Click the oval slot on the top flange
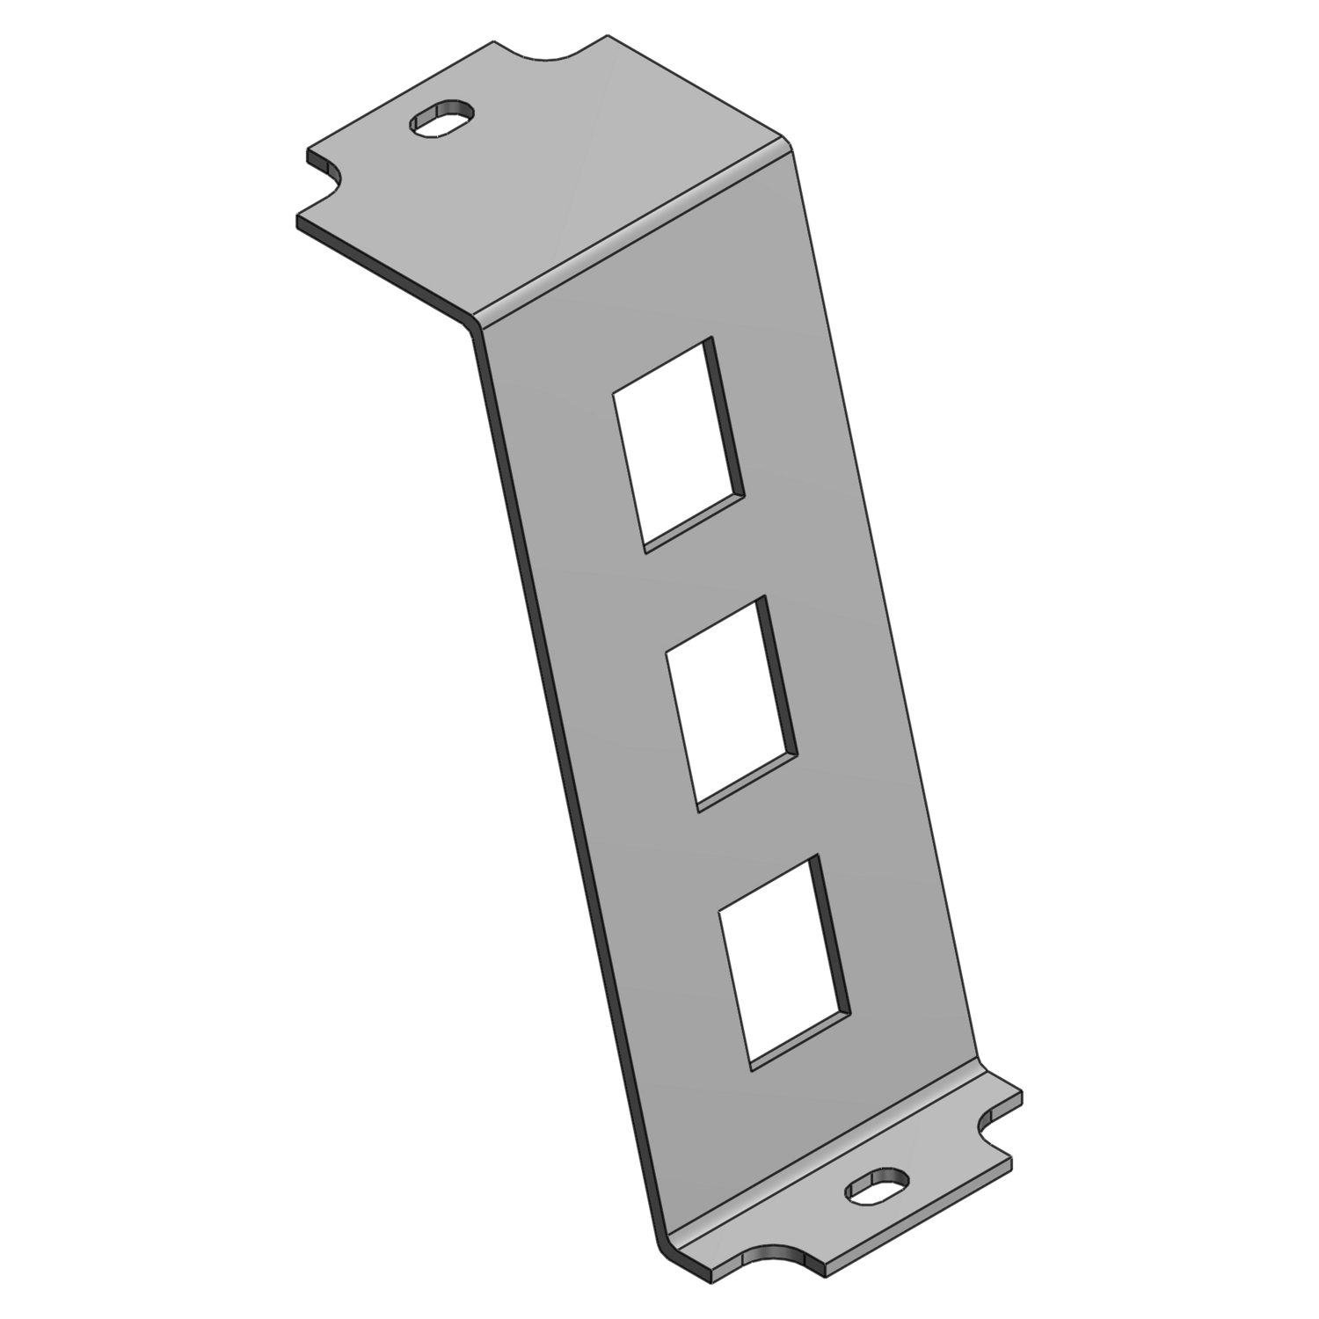click(x=441, y=119)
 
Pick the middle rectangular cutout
click(x=730, y=701)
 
